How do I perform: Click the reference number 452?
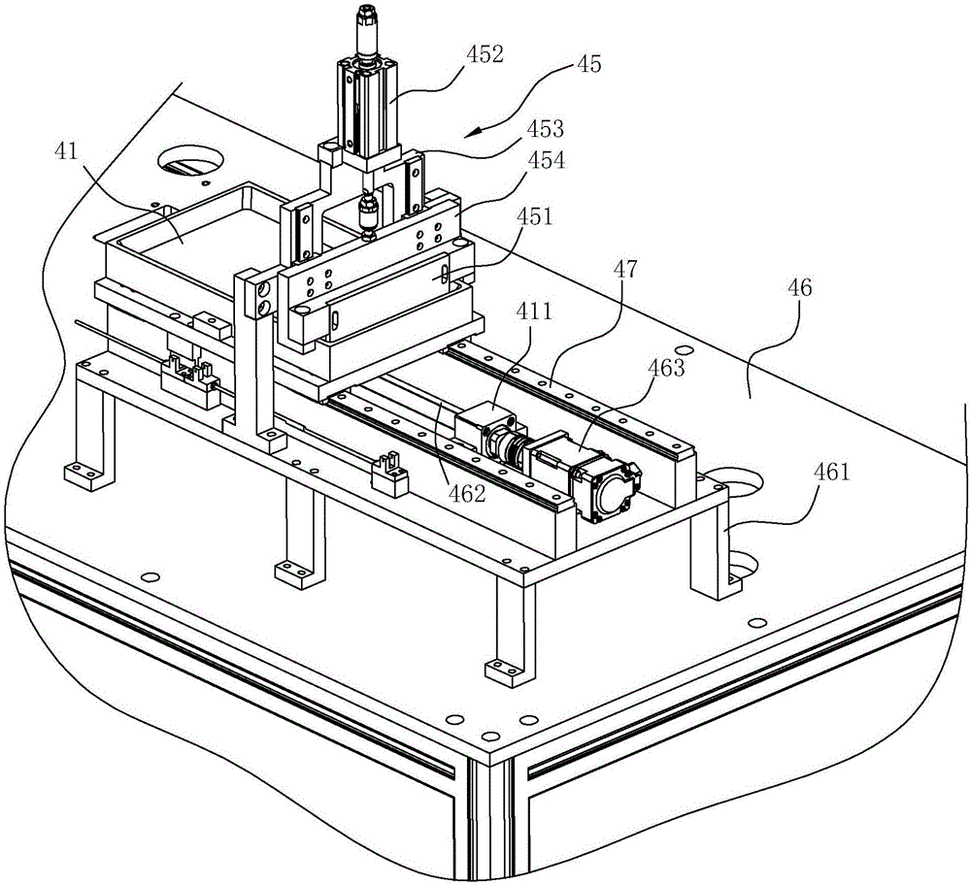coord(484,54)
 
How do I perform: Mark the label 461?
coord(832,474)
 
